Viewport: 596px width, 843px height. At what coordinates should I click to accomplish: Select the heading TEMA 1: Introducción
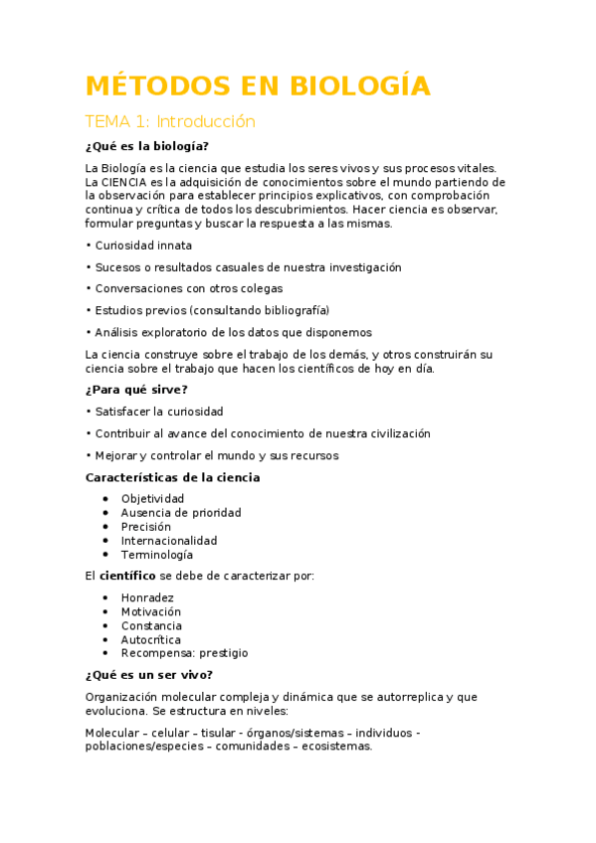coord(170,122)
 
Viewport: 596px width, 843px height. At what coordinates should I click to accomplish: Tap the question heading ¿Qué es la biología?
coord(147,146)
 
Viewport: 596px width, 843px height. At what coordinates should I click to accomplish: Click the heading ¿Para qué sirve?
coord(136,390)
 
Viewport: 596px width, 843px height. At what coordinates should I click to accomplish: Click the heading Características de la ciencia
coord(173,477)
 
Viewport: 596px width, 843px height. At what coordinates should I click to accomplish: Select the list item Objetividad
coord(152,499)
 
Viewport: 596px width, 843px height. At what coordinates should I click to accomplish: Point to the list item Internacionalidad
coord(168,541)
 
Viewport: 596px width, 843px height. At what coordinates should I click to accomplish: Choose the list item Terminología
coord(157,555)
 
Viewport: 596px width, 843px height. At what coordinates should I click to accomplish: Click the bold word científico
coord(127,576)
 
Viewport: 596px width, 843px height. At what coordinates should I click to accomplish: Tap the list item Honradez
coord(147,597)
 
